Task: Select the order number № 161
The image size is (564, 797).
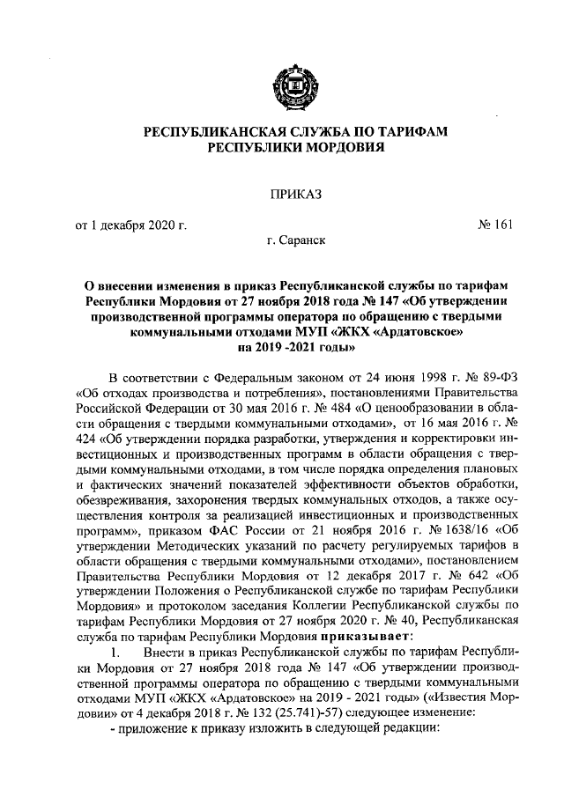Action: click(x=494, y=225)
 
